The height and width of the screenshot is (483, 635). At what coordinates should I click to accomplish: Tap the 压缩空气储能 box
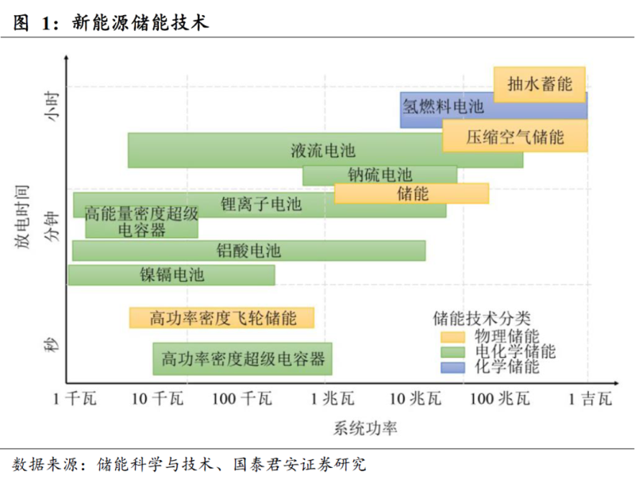tap(515, 136)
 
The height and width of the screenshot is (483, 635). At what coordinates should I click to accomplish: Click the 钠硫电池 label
tap(380, 174)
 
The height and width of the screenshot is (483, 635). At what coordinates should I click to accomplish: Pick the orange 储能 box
tap(411, 194)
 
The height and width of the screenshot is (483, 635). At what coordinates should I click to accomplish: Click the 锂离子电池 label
tap(261, 205)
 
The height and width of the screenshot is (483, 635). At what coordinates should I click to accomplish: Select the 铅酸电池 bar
tap(248, 251)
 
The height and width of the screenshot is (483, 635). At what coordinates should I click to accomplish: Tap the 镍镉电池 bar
tap(172, 275)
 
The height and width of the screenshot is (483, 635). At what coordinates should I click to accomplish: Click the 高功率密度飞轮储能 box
tap(222, 318)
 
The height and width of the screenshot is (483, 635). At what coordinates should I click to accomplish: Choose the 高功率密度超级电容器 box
tap(242, 358)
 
